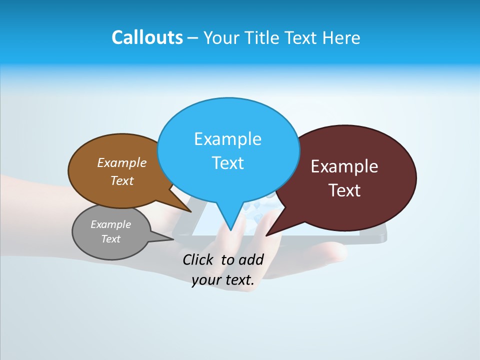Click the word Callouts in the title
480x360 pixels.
(x=147, y=37)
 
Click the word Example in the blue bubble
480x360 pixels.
(x=227, y=139)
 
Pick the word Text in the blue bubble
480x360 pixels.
(x=227, y=163)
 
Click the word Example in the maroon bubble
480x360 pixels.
(x=344, y=166)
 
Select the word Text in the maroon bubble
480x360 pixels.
(x=344, y=190)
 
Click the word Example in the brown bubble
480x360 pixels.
(x=122, y=162)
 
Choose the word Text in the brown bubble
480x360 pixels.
(x=122, y=180)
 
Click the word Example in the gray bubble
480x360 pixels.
(x=111, y=224)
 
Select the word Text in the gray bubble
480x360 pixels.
(x=111, y=239)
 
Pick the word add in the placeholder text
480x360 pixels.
(x=251, y=259)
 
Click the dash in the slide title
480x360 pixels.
(x=193, y=37)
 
